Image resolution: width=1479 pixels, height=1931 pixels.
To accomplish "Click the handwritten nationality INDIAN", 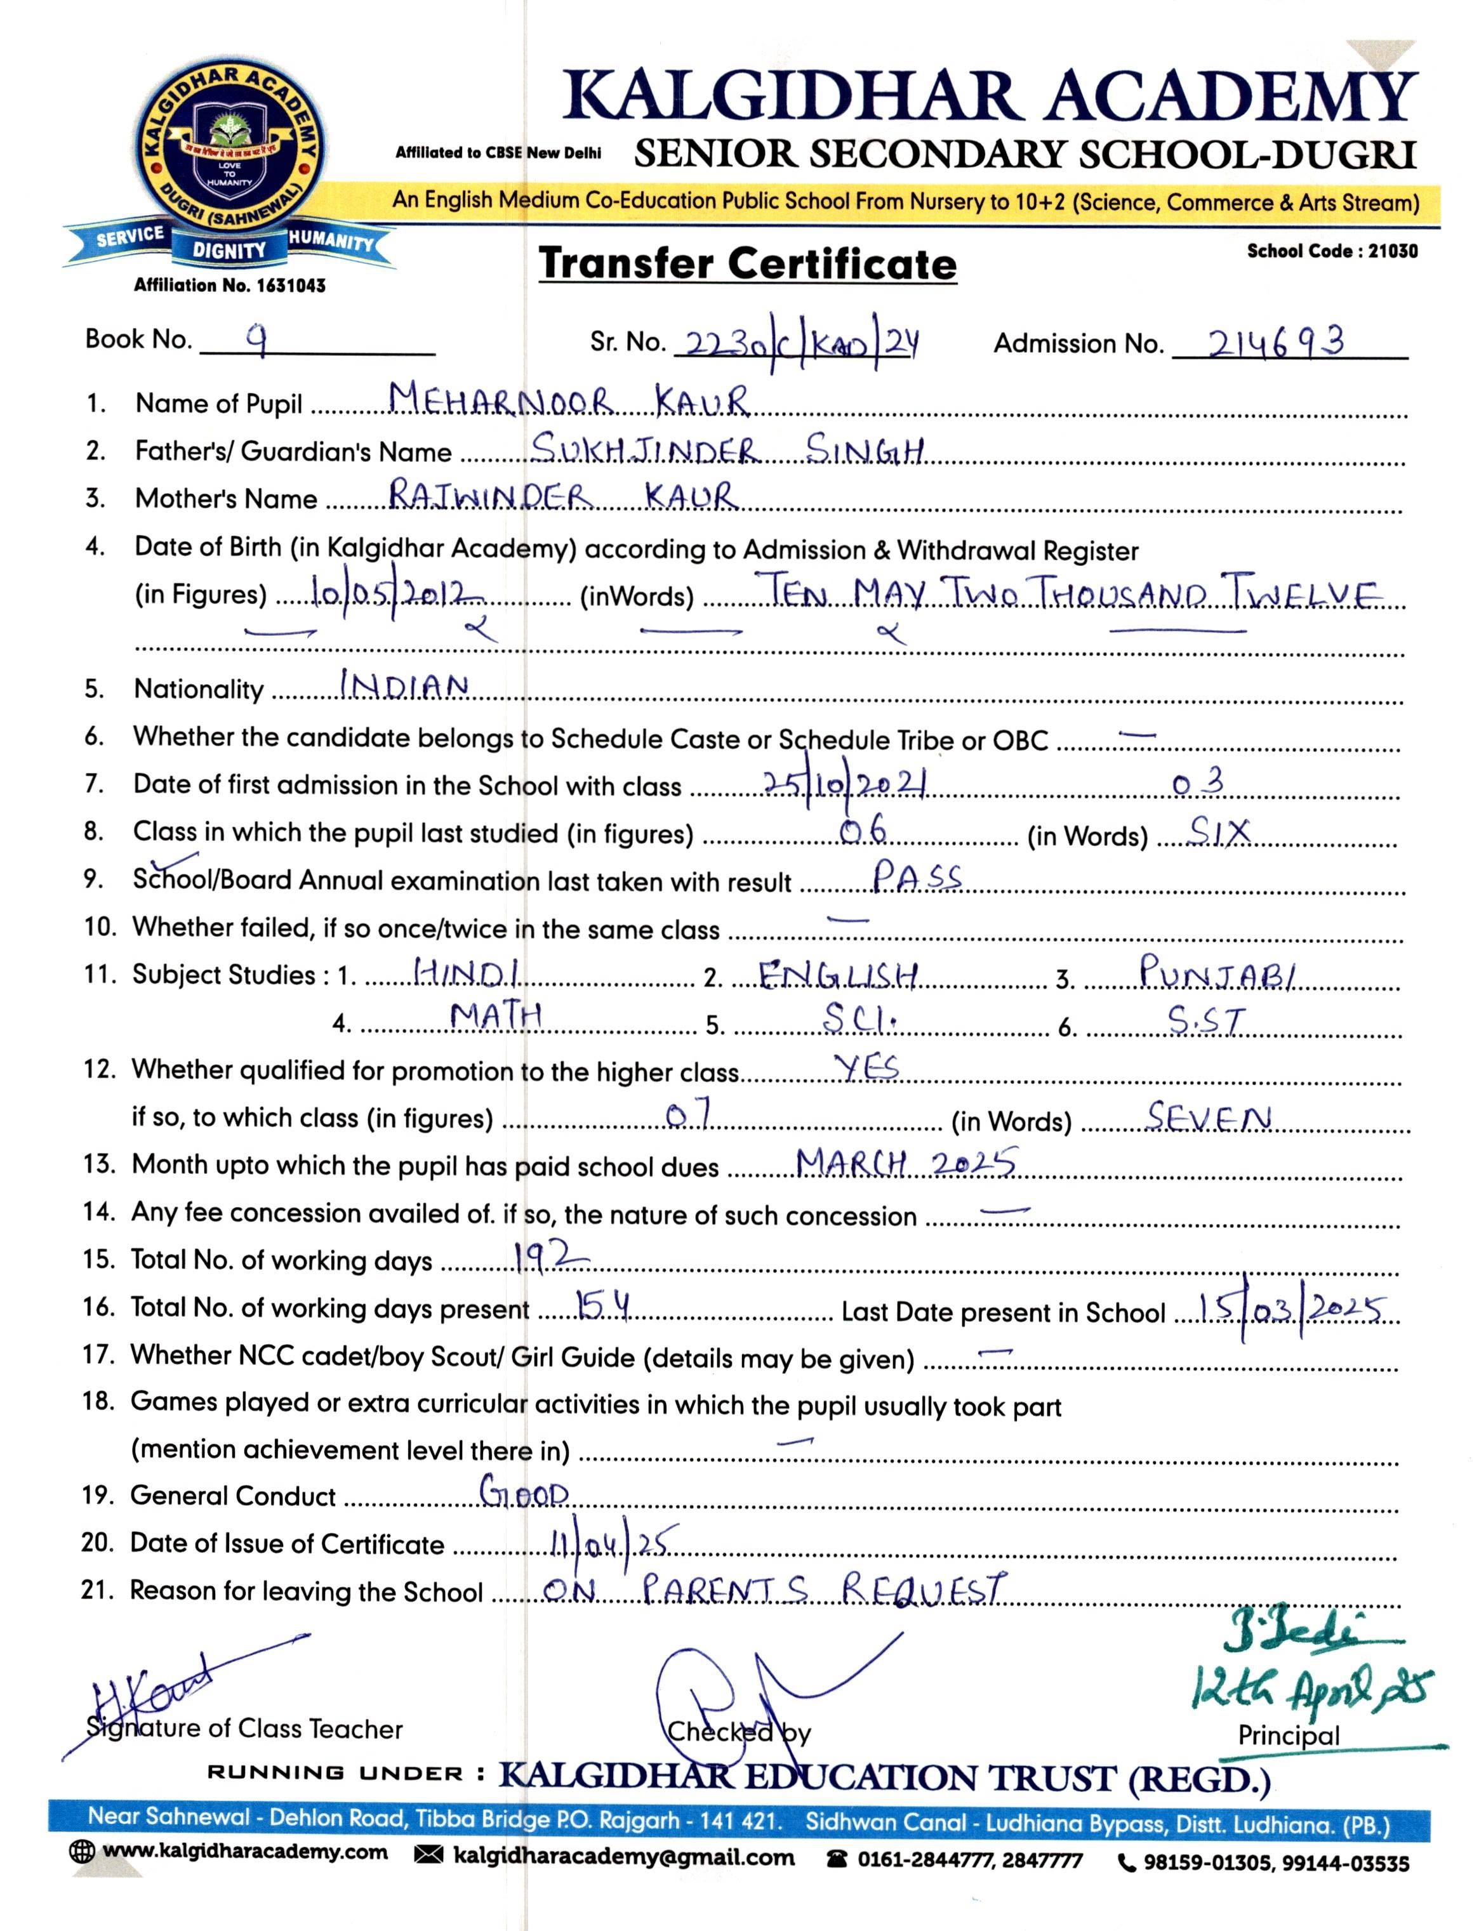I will tap(404, 687).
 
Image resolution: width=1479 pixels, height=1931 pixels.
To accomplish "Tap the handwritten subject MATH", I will tap(496, 1018).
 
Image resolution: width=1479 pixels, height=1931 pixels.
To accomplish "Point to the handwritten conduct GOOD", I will tap(525, 1493).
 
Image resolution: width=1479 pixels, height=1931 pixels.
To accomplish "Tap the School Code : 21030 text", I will tap(1332, 251).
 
